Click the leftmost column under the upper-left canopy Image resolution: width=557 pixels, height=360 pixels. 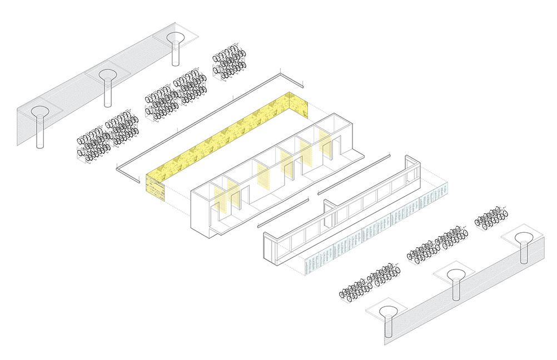[39, 131]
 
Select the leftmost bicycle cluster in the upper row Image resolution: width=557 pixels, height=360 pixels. [106, 136]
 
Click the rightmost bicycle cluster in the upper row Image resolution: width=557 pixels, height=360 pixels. [228, 64]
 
